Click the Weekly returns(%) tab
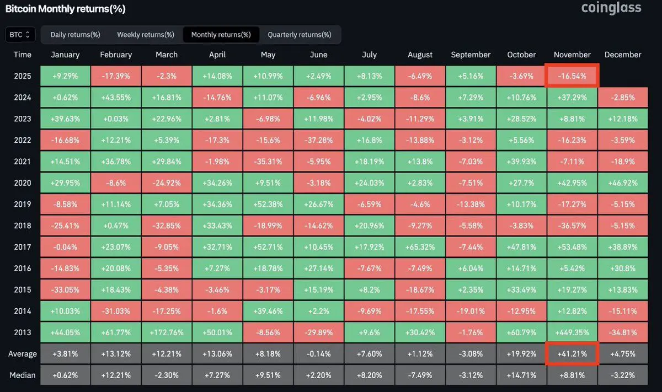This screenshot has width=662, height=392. pyautogui.click(x=145, y=35)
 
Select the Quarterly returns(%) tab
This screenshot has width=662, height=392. pyautogui.click(x=300, y=35)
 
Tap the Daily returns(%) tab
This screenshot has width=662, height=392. pyautogui.click(x=75, y=35)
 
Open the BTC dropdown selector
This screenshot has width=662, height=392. pyautogui.click(x=21, y=35)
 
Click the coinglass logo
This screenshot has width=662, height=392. pyautogui.click(x=611, y=8)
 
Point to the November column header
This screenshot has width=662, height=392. pyautogui.click(x=572, y=55)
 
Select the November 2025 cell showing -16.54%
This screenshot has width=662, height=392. pyautogui.click(x=572, y=76)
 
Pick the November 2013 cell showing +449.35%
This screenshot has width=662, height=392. pyautogui.click(x=572, y=332)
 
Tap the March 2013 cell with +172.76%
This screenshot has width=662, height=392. pyautogui.click(x=167, y=332)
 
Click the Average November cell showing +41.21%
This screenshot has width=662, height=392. pyautogui.click(x=572, y=354)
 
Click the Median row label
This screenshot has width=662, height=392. pyautogui.click(x=23, y=375)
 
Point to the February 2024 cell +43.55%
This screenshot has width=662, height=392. pyautogui.click(x=116, y=98)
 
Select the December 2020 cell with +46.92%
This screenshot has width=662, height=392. pyautogui.click(x=623, y=183)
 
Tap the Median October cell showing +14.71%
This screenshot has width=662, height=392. pyautogui.click(x=521, y=375)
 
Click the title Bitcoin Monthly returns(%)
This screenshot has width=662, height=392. pyautogui.click(x=65, y=9)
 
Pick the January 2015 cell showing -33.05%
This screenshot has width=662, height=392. pyautogui.click(x=65, y=290)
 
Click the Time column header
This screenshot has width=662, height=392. pyautogui.click(x=23, y=55)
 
